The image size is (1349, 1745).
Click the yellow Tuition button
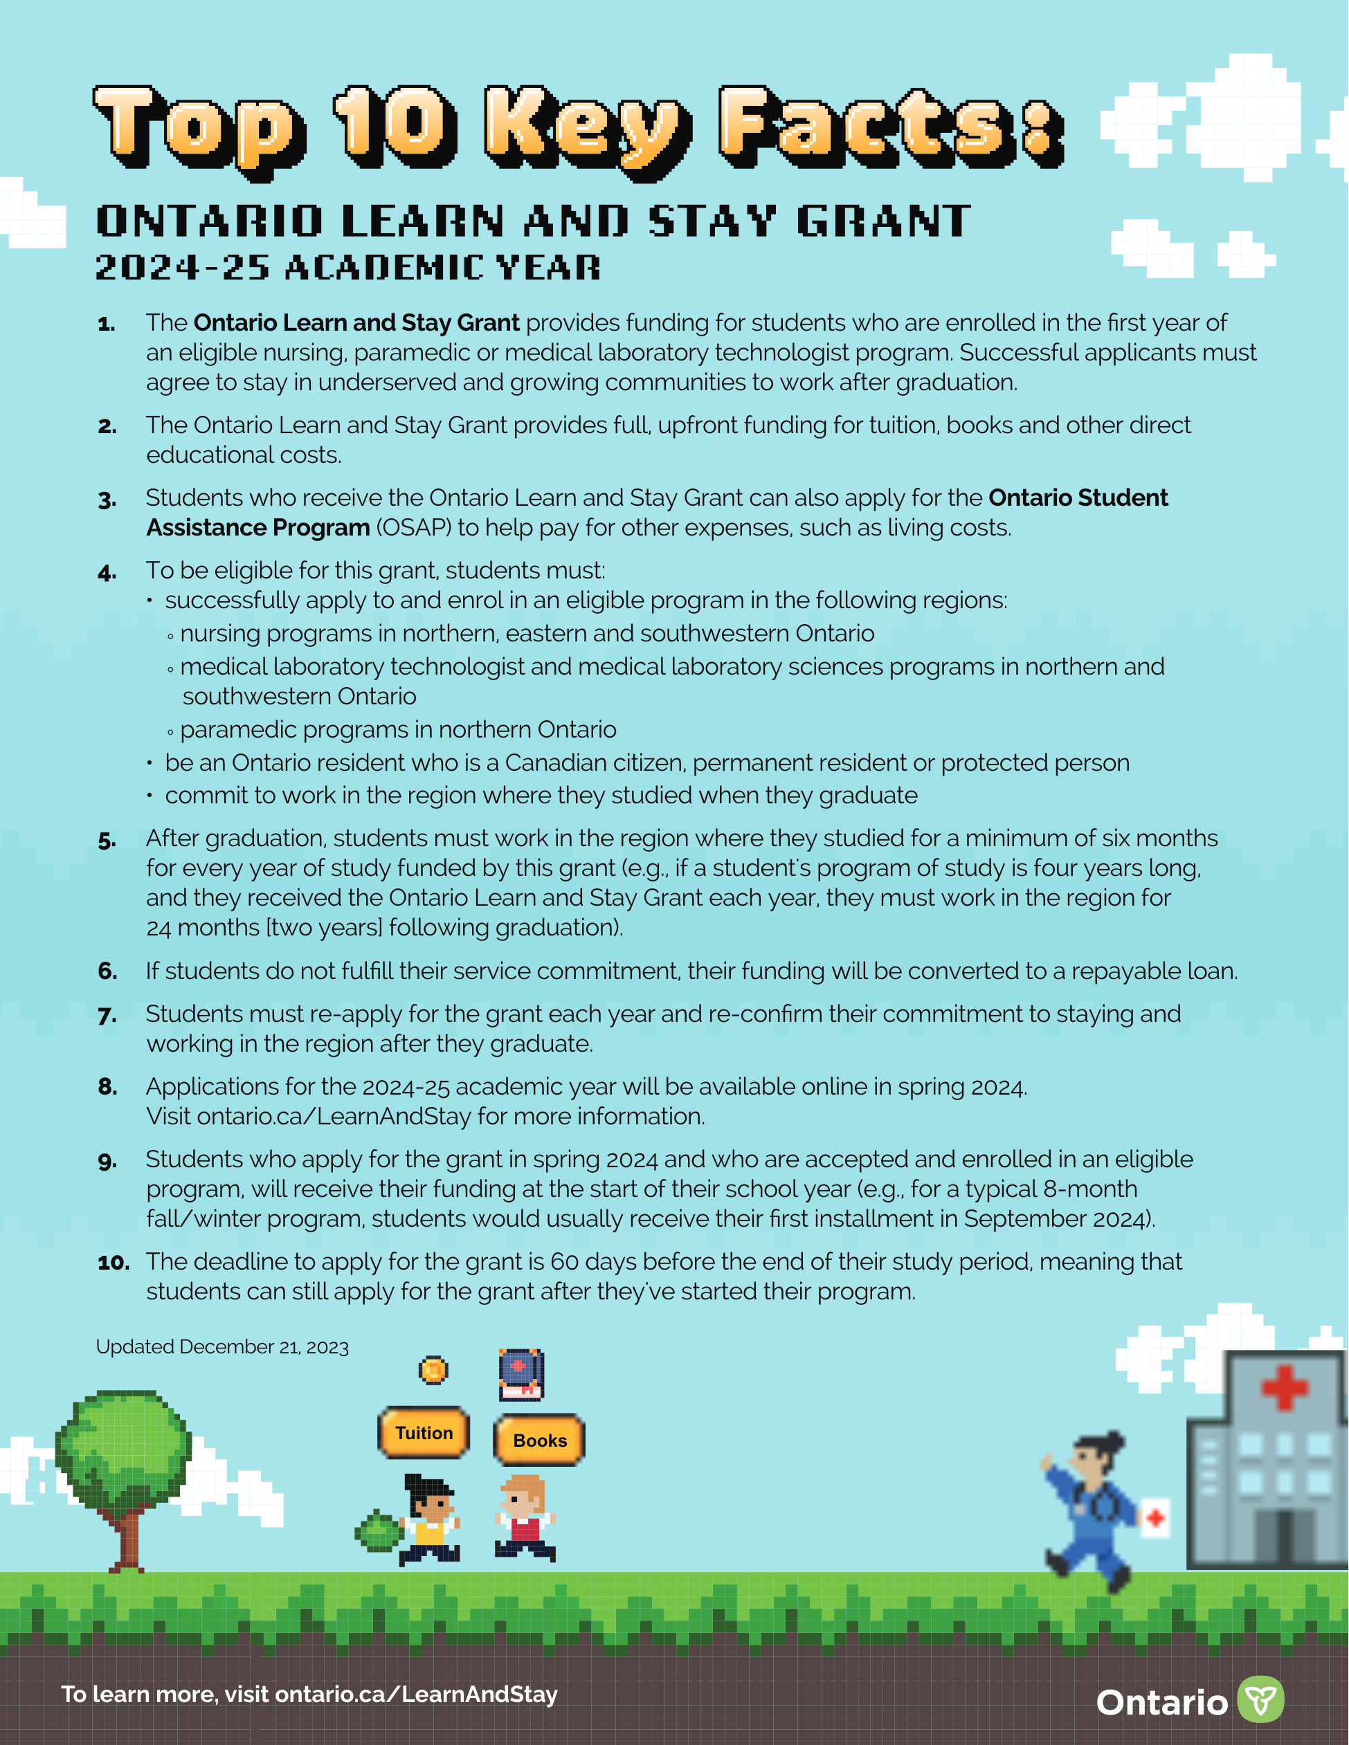[x=424, y=1432]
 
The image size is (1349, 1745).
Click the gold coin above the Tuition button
[x=433, y=1370]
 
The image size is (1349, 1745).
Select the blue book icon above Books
[x=521, y=1373]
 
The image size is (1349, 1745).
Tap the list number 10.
[x=114, y=1263]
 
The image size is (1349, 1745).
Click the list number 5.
[x=107, y=841]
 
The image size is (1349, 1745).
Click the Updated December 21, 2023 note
[x=222, y=1347]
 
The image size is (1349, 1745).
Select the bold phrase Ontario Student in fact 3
[x=1077, y=497]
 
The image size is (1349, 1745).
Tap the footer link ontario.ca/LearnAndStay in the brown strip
[x=415, y=1694]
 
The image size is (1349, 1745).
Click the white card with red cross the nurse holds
[x=1155, y=1517]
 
